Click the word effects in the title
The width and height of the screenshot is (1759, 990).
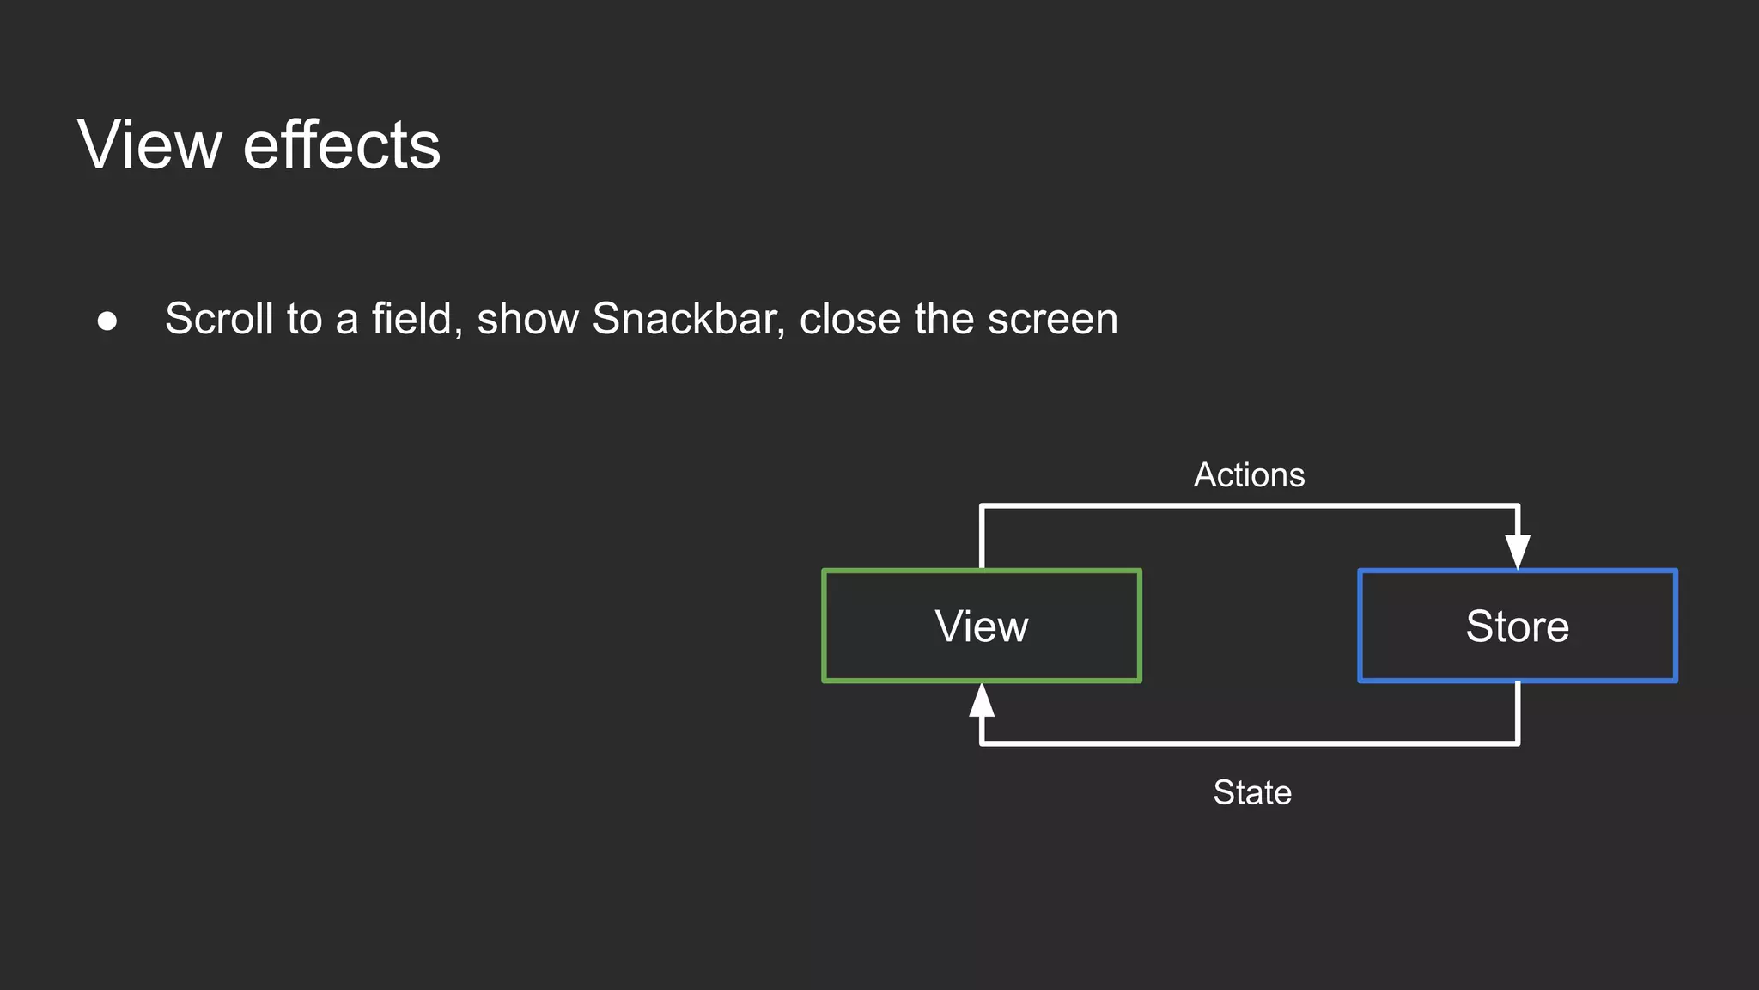pyautogui.click(x=342, y=144)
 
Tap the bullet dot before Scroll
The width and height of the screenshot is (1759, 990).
pyautogui.click(x=107, y=321)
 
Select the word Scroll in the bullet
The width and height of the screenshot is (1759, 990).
pyautogui.click(x=219, y=319)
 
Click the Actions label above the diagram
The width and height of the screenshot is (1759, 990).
pyautogui.click(x=1249, y=475)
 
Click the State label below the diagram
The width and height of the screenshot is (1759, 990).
pyautogui.click(x=1251, y=792)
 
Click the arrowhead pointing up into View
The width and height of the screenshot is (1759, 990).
pyautogui.click(x=982, y=700)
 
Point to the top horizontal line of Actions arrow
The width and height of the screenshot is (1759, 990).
pyautogui.click(x=1250, y=506)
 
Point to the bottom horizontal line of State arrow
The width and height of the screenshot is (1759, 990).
pyautogui.click(x=1250, y=742)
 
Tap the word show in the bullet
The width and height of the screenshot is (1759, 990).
pyautogui.click(x=527, y=319)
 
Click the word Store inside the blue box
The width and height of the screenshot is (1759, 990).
pyautogui.click(x=1517, y=626)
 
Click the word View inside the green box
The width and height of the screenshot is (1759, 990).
pyautogui.click(x=981, y=626)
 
